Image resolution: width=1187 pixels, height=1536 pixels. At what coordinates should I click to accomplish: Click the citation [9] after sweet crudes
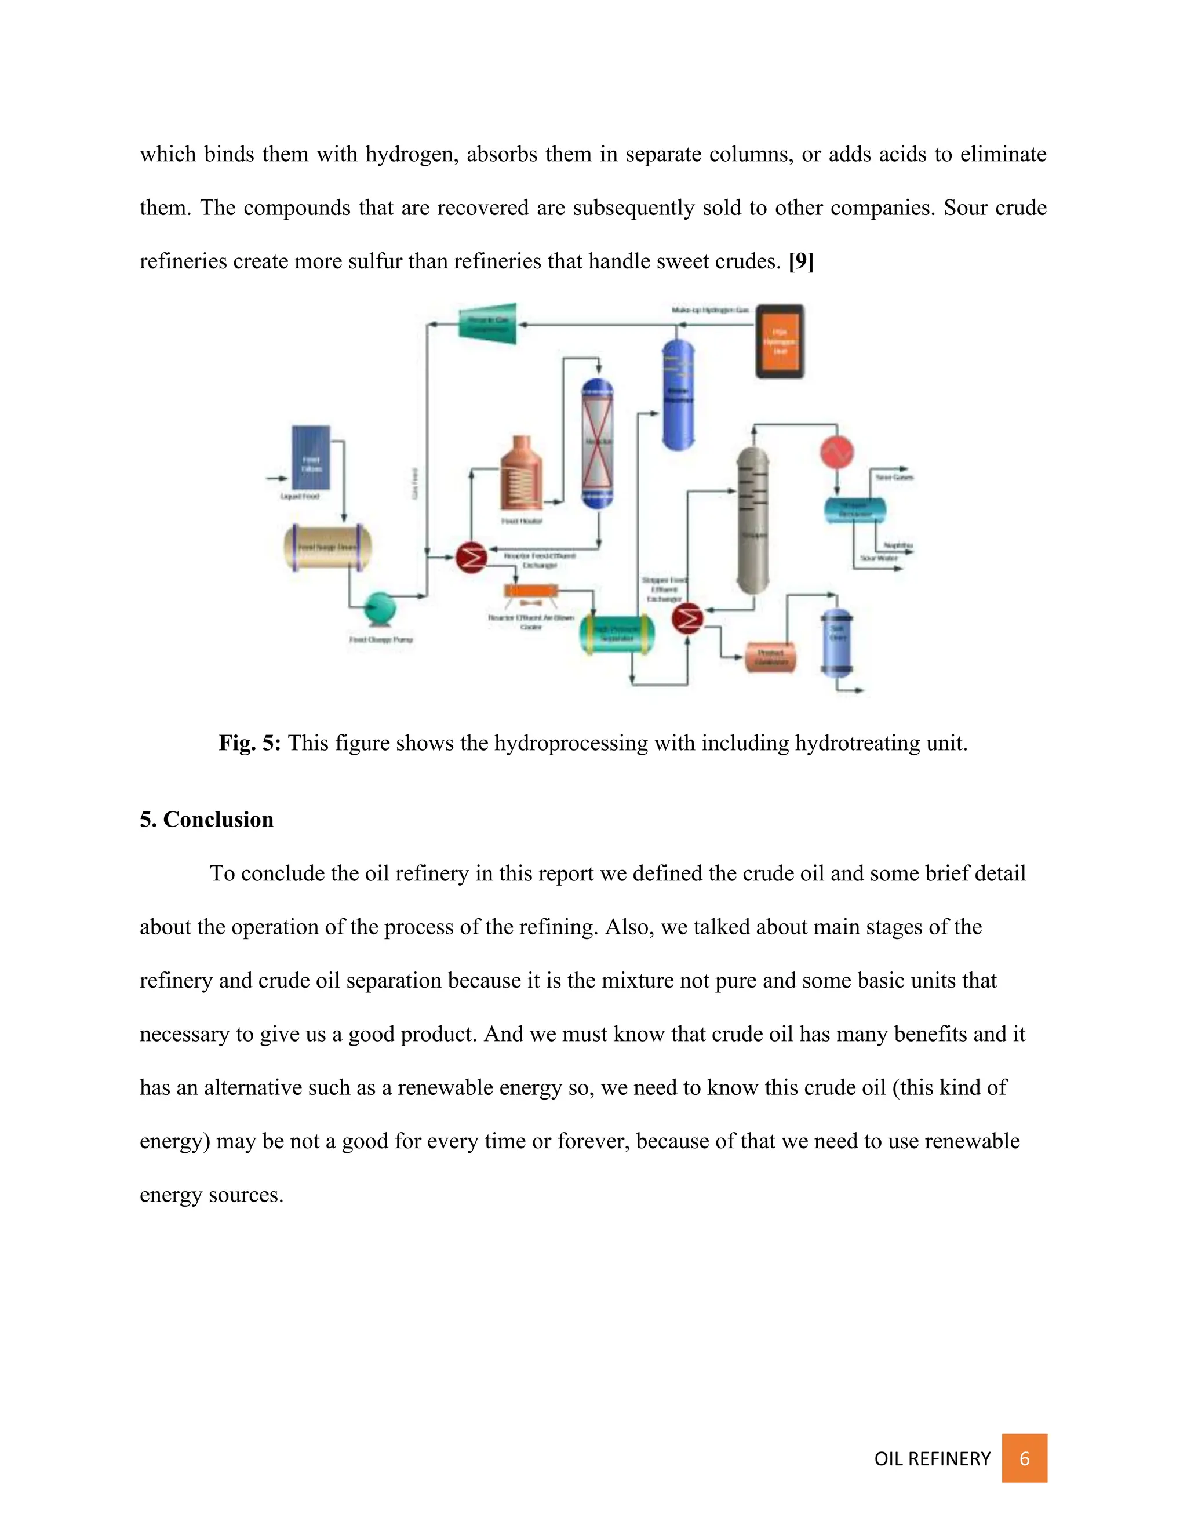(x=801, y=261)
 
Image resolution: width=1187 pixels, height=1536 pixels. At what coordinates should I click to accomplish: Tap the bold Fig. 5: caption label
(x=250, y=742)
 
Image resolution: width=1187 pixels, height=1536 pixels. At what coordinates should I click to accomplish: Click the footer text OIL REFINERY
(x=932, y=1459)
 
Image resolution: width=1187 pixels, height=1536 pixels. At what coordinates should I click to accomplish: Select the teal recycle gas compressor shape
(x=488, y=323)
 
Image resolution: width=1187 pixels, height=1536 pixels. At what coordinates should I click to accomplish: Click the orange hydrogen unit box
(x=779, y=341)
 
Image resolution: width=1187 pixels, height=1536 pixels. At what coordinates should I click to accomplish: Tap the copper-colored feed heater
(x=521, y=474)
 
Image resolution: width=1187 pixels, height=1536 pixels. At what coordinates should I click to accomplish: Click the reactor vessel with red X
(x=598, y=442)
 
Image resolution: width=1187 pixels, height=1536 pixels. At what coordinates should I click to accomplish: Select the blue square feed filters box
(x=311, y=457)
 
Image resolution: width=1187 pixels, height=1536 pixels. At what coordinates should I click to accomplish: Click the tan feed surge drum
(x=327, y=547)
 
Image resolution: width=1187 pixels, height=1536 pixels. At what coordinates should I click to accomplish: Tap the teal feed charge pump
(x=380, y=607)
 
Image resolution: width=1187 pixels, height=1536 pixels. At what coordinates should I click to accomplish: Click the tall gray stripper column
(x=752, y=521)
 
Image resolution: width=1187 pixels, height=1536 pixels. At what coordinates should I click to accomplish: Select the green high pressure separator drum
(x=617, y=634)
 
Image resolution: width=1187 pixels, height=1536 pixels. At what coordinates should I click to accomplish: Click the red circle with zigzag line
(x=836, y=452)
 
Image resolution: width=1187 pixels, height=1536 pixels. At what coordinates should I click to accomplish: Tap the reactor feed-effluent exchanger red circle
(x=471, y=558)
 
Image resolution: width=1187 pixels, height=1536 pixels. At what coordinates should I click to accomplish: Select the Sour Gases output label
(x=894, y=477)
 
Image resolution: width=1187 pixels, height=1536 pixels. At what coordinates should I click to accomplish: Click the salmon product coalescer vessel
(x=770, y=657)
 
